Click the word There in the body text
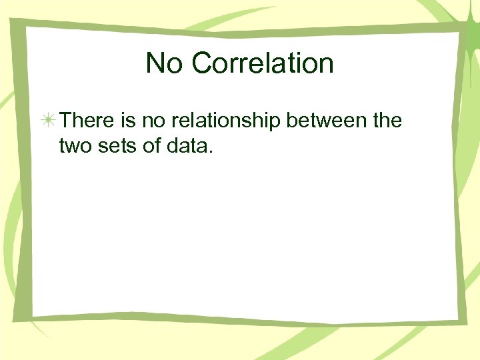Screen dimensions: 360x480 [x=87, y=121]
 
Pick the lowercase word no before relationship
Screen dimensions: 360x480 [x=155, y=121]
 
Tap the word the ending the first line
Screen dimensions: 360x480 [x=387, y=121]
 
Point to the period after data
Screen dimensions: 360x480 [x=211, y=151]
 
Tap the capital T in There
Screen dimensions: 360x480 [x=65, y=121]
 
